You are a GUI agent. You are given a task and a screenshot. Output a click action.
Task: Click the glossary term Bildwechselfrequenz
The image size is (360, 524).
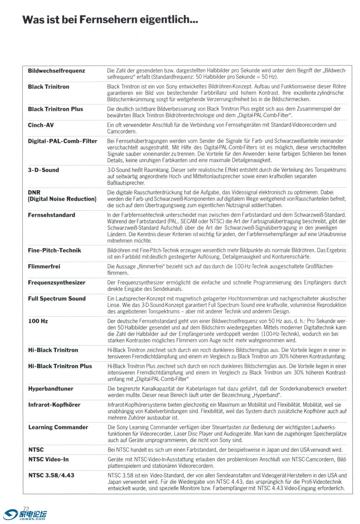point(57,71)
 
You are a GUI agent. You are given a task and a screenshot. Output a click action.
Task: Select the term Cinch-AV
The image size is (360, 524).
point(41,125)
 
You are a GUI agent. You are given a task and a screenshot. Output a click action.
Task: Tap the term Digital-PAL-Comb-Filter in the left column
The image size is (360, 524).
point(63,141)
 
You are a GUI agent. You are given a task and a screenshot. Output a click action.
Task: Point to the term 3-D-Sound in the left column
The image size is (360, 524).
point(43,170)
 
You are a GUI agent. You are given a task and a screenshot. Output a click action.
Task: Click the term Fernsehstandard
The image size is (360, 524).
point(51,215)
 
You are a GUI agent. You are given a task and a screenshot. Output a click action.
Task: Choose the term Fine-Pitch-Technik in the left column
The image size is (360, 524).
point(54,250)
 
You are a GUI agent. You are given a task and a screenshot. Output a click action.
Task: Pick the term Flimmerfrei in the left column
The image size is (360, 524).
point(44,267)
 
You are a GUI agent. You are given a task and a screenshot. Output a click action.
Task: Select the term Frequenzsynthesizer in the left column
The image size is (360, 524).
point(57,283)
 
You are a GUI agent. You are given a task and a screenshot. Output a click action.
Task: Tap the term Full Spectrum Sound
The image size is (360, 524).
point(57,299)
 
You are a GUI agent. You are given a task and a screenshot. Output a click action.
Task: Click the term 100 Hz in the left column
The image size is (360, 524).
point(38,321)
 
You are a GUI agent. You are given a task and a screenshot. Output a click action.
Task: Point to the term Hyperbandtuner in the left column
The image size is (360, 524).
point(51,389)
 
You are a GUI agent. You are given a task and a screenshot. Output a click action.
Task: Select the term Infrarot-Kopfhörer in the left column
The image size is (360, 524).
point(54,405)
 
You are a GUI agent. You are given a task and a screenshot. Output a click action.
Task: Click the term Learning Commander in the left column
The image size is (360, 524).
point(58,427)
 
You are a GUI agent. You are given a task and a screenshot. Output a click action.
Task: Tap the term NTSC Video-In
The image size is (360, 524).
point(48,460)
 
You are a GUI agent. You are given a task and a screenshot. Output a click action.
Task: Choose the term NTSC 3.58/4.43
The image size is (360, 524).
point(51,475)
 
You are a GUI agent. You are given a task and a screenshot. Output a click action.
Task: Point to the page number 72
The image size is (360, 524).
point(26,509)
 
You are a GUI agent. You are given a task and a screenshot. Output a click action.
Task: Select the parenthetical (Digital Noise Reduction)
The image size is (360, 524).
point(62,199)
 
